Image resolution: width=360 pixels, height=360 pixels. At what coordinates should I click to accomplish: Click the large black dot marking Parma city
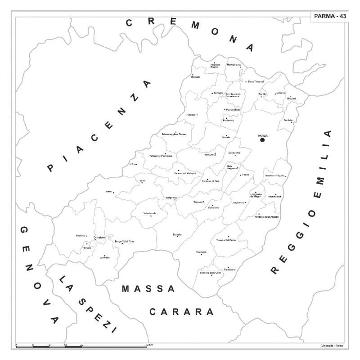[262, 140]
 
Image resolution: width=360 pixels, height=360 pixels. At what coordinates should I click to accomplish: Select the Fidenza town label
[191, 115]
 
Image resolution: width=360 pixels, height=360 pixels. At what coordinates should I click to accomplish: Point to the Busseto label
[195, 77]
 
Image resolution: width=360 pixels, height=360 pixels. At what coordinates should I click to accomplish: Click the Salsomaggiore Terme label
[174, 134]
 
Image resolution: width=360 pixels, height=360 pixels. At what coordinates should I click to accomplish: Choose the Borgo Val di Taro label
[125, 242]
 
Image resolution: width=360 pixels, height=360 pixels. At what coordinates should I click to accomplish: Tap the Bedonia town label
[81, 236]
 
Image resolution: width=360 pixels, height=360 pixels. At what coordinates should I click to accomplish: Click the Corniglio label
[201, 252]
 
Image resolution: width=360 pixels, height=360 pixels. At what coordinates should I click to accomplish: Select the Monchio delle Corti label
[210, 273]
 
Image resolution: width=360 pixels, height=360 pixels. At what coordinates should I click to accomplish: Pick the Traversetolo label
[274, 197]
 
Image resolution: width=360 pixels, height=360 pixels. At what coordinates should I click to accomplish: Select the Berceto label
[177, 234]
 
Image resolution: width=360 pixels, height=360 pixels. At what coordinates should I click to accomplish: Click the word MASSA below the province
[148, 289]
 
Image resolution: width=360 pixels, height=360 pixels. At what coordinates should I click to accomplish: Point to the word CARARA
[181, 311]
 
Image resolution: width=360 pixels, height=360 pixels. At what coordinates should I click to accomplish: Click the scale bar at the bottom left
[81, 346]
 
